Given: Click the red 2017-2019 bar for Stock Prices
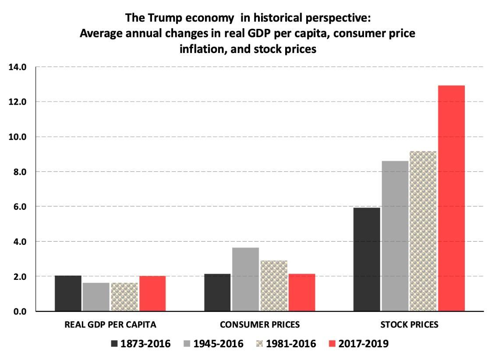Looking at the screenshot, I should pos(451,198).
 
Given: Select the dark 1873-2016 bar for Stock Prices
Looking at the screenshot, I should pos(367,259).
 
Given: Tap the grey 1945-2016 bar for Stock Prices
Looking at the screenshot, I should pos(395,236).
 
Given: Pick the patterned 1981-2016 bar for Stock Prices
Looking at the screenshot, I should pos(423,231).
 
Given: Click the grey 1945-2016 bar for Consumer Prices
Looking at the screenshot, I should pos(245,279).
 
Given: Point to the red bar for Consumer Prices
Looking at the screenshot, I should pos(301,293).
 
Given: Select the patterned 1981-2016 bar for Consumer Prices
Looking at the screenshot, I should pos(273,286).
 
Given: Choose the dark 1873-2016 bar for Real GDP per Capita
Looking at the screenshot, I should pos(68,293).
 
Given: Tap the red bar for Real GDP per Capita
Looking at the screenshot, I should pos(152,293).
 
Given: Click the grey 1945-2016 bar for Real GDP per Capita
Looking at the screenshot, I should pos(96,297).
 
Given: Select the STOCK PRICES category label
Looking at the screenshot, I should pos(409,325).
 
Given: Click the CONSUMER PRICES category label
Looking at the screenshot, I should pos(260,325).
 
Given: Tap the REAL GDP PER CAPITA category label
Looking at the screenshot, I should pos(110,325).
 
